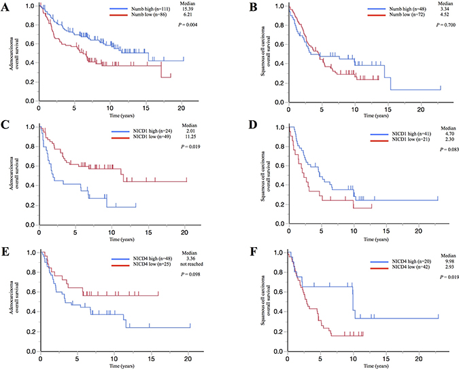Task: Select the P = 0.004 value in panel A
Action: [x=202, y=27]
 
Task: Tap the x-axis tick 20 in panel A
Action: [x=182, y=109]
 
